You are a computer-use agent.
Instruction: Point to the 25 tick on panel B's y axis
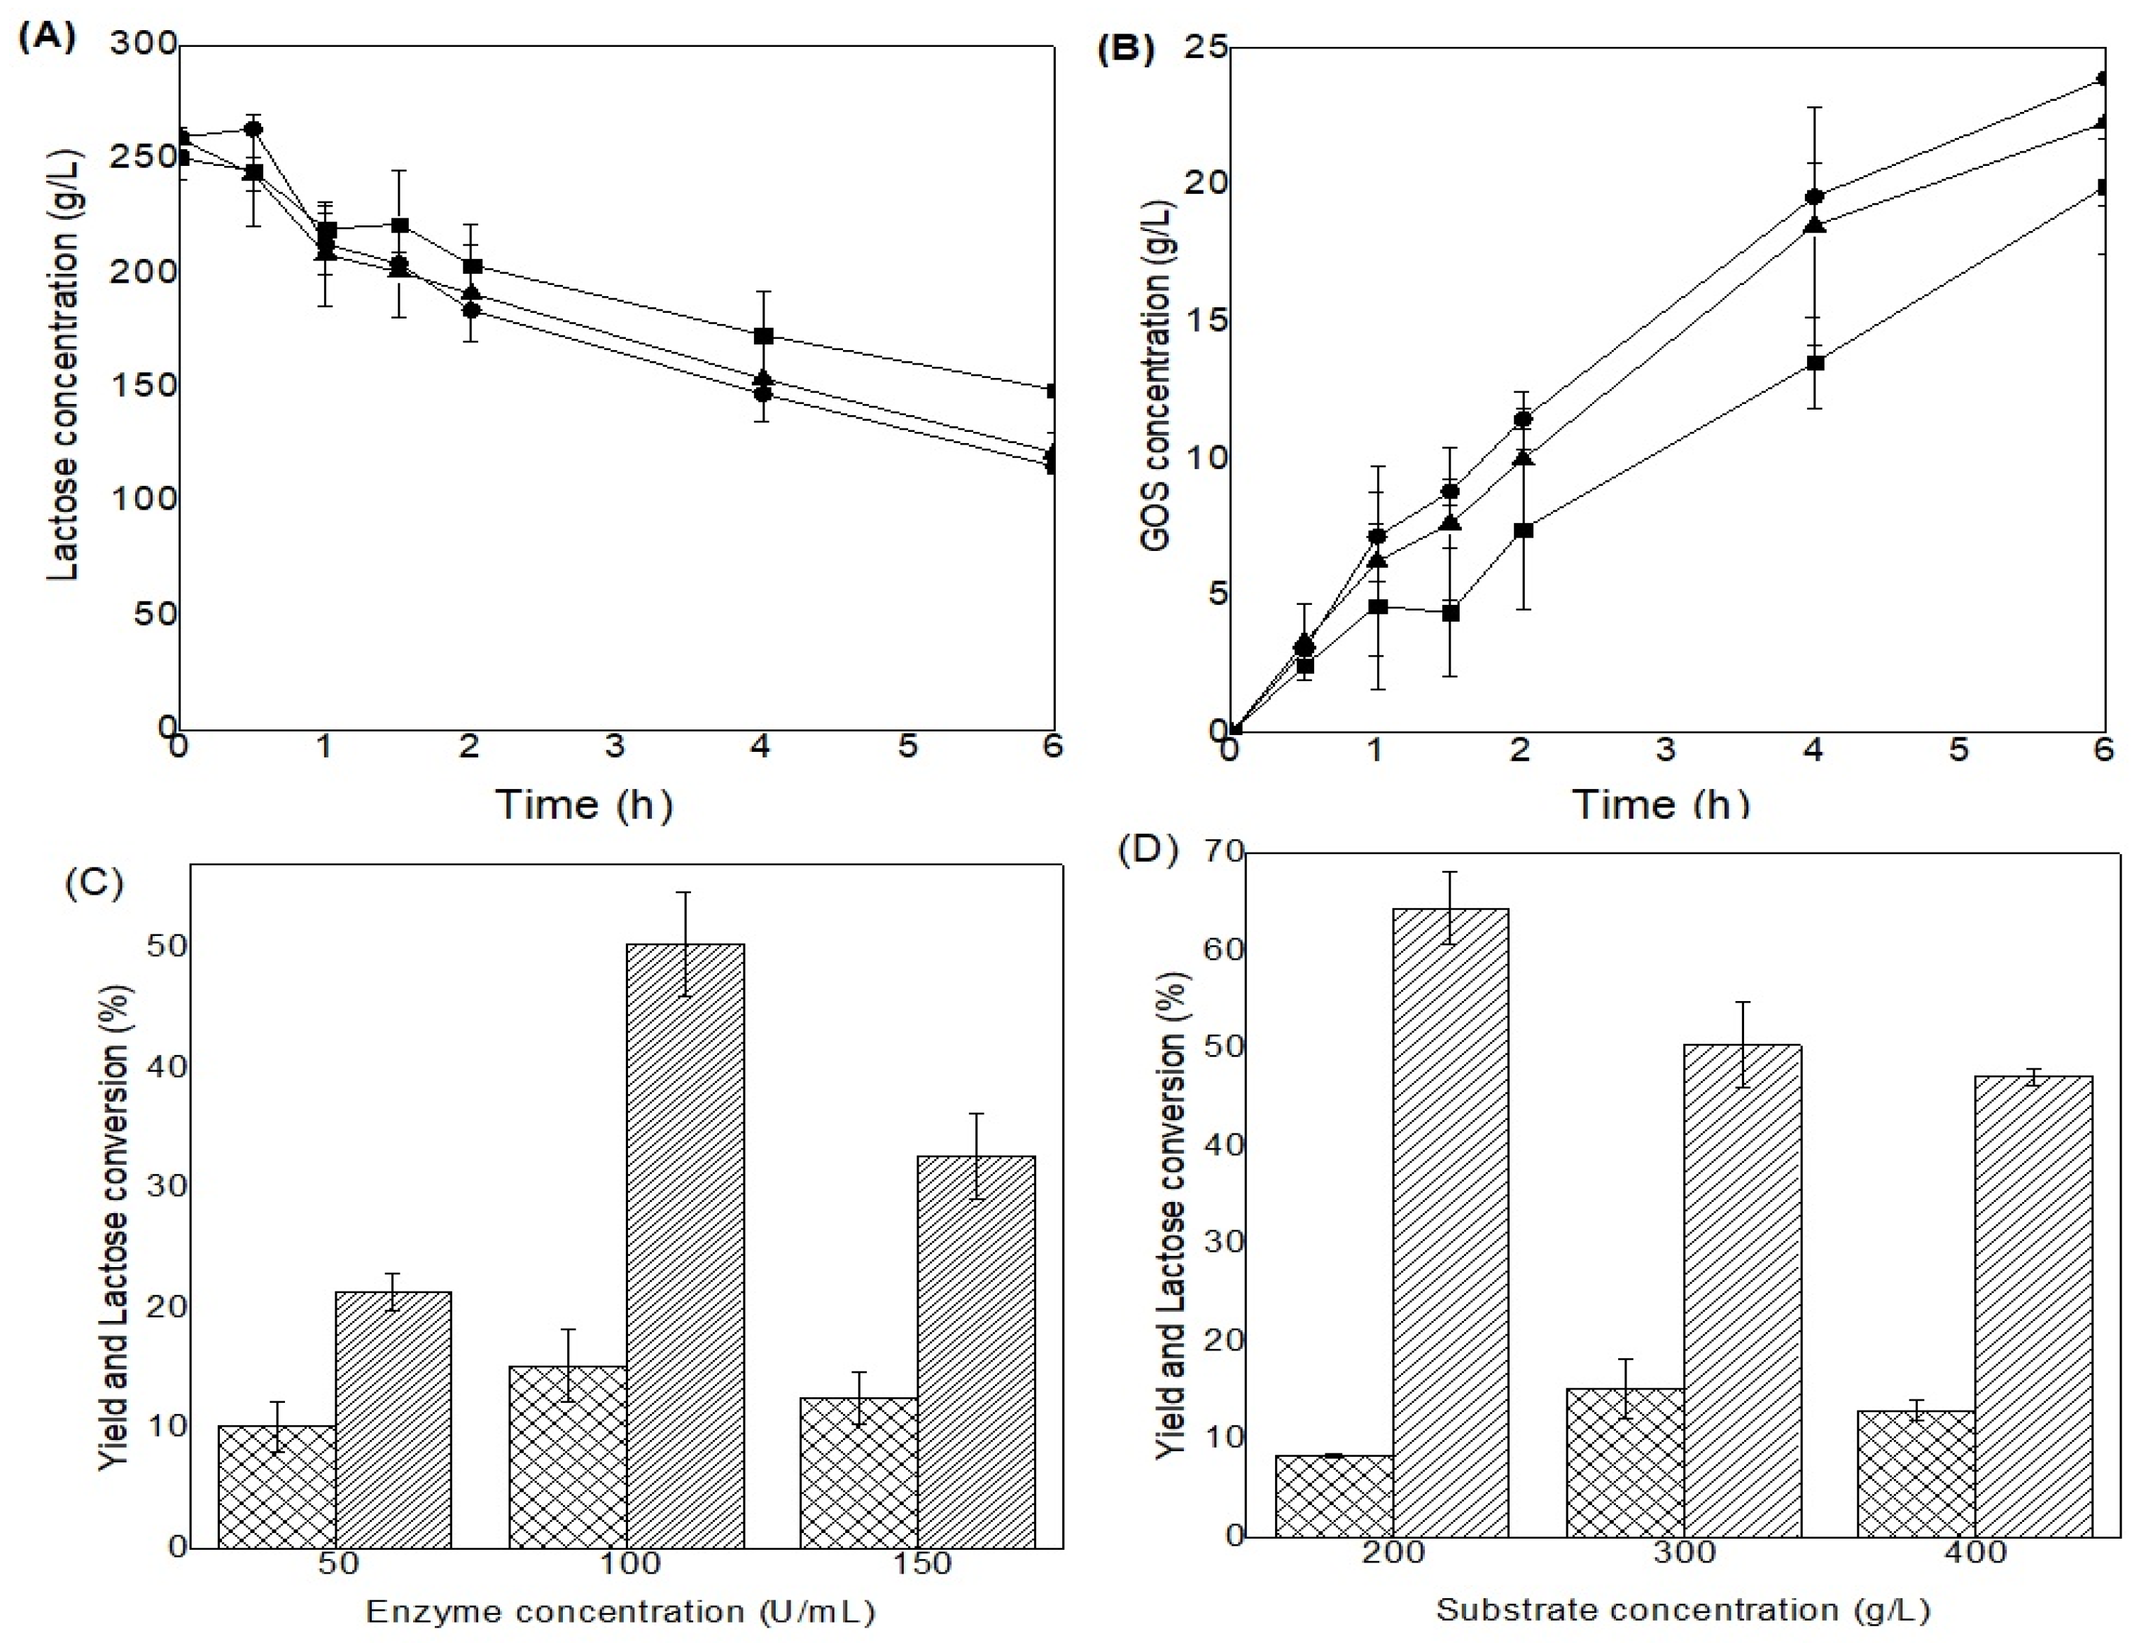pyautogui.click(x=1208, y=47)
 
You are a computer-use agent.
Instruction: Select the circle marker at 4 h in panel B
pyautogui.click(x=1814, y=197)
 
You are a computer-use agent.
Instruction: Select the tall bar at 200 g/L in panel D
pyautogui.click(x=1451, y=1222)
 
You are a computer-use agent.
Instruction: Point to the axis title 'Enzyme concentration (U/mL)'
pyautogui.click(x=620, y=1611)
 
